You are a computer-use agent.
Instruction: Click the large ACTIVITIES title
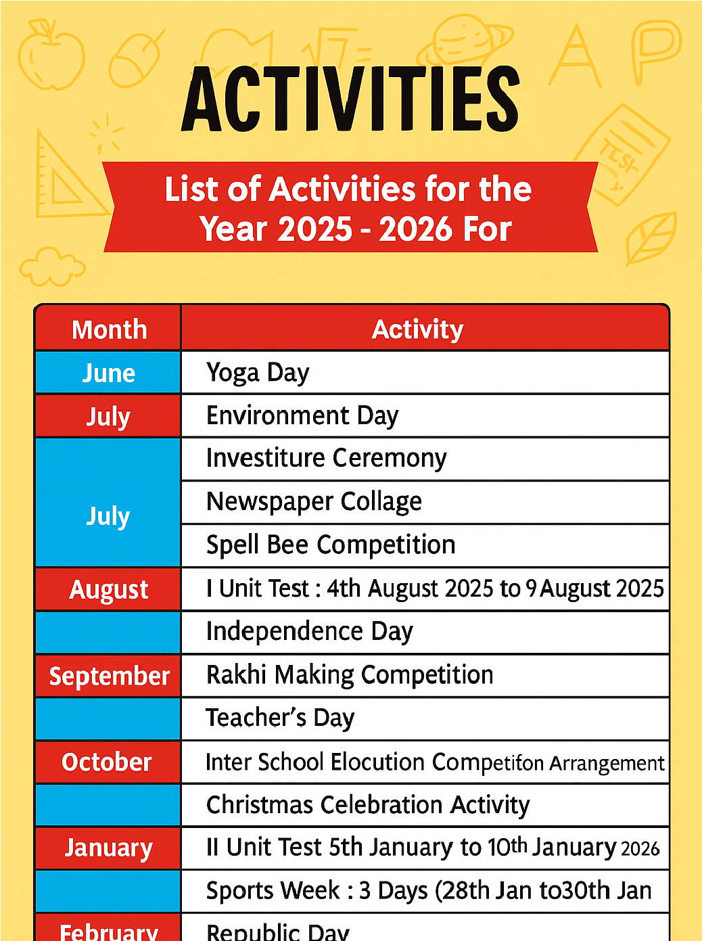(x=350, y=99)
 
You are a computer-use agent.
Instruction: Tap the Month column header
(x=109, y=329)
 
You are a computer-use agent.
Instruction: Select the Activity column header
(x=417, y=329)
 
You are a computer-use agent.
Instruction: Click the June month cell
(x=108, y=373)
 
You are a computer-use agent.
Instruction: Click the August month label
(x=108, y=589)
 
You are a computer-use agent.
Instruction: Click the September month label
(x=109, y=676)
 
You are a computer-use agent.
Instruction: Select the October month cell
(x=107, y=762)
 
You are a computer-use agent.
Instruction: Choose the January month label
(x=108, y=848)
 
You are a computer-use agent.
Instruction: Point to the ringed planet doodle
(x=465, y=41)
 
